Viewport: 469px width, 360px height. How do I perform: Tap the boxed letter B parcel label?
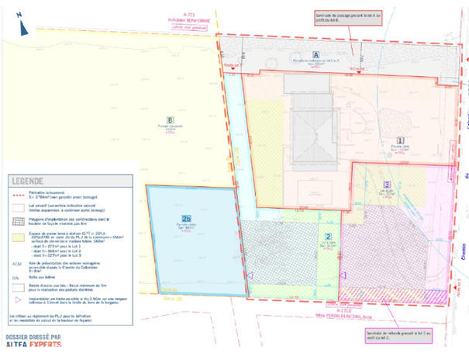click(168, 119)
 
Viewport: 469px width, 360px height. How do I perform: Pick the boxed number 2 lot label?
click(329, 236)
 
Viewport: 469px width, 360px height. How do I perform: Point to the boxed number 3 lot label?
click(386, 185)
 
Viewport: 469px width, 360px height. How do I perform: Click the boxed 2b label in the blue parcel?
click(186, 218)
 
